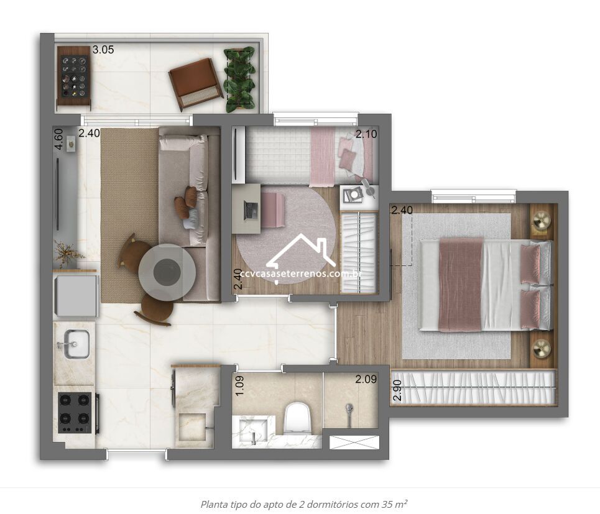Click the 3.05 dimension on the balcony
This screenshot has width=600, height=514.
click(x=103, y=50)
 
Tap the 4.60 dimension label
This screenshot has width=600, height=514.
click(x=58, y=140)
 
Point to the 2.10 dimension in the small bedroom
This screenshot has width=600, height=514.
click(x=366, y=134)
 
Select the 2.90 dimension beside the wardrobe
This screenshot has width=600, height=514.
click(x=397, y=390)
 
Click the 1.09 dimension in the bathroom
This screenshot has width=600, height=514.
click(x=239, y=385)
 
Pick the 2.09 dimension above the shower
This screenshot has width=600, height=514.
click(x=366, y=379)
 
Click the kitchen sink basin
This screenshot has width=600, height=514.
click(x=76, y=344)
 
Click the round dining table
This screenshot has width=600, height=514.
click(x=167, y=272)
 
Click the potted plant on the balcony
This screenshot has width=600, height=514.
click(x=239, y=80)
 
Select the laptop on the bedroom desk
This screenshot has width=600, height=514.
click(x=251, y=210)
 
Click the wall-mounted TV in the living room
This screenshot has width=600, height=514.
click(x=58, y=195)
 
